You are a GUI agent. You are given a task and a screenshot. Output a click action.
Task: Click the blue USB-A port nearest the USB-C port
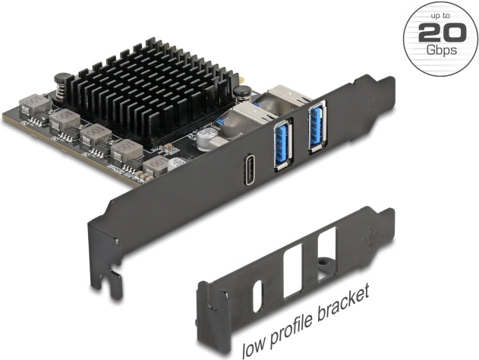click(x=283, y=146)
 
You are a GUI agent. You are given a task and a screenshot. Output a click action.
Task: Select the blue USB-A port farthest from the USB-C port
click(x=317, y=127)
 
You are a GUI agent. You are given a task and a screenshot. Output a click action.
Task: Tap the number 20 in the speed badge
click(x=442, y=32)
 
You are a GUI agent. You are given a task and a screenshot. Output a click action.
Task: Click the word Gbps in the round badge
click(x=442, y=49)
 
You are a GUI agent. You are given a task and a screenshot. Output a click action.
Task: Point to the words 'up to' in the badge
click(x=440, y=16)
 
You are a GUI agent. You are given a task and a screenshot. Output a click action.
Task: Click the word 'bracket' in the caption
click(x=342, y=305)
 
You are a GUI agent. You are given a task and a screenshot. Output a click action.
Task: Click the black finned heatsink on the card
click(x=150, y=92)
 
